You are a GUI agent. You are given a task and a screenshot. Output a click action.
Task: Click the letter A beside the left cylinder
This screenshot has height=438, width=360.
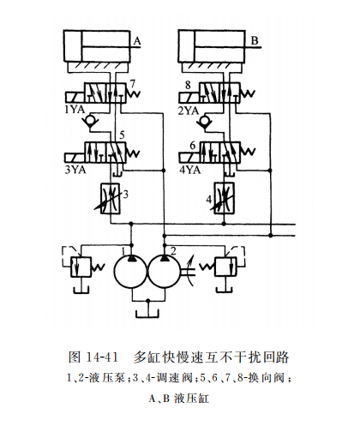136,39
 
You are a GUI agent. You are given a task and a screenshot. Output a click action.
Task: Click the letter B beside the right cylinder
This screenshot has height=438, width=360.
255,39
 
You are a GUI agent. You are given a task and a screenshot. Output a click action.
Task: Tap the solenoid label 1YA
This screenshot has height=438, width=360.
74,110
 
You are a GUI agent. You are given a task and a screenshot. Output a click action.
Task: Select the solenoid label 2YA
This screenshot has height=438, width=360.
189,110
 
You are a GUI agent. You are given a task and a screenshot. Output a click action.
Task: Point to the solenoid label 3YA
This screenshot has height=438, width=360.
74,170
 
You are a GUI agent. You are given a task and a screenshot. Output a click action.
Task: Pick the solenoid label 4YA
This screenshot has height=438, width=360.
191,170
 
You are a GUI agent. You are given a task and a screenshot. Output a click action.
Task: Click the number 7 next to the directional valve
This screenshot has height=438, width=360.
133,83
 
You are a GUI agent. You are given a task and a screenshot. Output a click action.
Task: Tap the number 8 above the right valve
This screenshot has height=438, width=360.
187,84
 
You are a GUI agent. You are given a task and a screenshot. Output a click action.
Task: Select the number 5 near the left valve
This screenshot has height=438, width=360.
123,135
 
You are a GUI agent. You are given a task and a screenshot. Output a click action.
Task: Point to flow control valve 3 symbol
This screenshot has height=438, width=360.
109,197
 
